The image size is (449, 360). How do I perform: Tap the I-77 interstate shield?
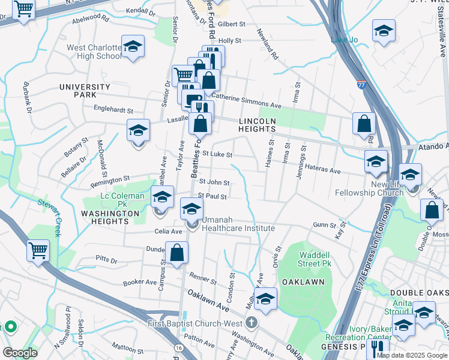tap(361, 86)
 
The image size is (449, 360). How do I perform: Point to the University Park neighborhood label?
tap(85, 91)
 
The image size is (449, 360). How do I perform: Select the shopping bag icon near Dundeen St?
tap(177, 252)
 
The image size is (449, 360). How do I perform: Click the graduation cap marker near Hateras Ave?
tap(376, 161)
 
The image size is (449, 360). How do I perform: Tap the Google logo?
tap(20, 353)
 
